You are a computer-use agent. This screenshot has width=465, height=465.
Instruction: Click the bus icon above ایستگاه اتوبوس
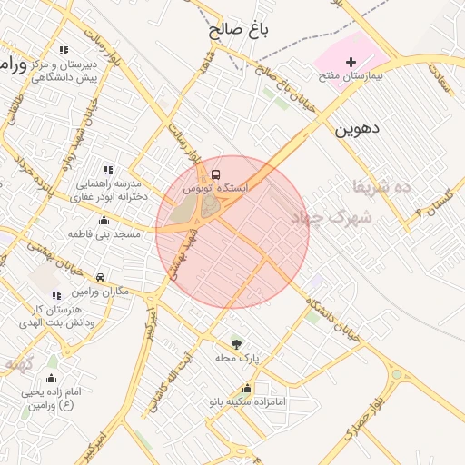[215, 173]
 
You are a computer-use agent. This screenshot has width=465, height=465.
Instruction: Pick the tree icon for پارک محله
[236, 344]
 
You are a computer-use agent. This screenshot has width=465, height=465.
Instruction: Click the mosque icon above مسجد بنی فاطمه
[104, 220]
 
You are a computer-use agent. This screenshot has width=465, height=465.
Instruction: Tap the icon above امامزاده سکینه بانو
[247, 388]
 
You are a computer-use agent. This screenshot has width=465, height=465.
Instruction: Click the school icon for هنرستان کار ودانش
[57, 295]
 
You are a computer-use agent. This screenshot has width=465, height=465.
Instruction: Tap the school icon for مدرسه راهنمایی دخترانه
[108, 170]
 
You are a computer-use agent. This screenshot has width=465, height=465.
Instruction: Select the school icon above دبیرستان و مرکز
[63, 51]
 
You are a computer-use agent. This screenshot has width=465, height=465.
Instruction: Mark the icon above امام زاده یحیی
[51, 378]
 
